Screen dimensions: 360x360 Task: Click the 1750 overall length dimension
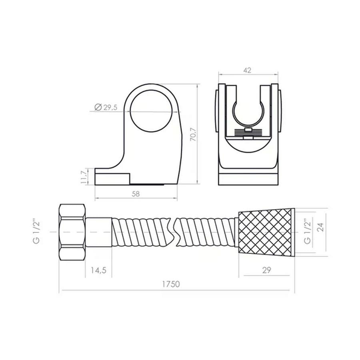pos(171,284)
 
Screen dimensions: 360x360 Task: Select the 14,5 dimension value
pos(98,270)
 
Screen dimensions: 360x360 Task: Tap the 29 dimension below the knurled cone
pos(266,270)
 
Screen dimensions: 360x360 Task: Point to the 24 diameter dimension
pos(321,227)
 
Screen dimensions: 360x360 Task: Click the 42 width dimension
pos(247,70)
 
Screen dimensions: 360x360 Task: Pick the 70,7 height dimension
pos(193,134)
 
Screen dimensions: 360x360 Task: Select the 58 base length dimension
pos(136,194)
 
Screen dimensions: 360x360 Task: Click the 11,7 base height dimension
pos(84,176)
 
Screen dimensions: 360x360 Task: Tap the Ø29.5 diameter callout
pos(106,107)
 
